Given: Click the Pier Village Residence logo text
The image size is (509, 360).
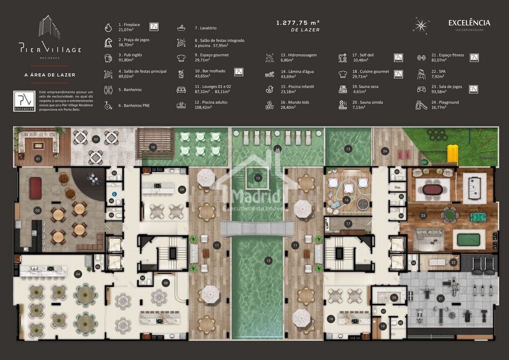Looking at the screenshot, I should pos(50,49).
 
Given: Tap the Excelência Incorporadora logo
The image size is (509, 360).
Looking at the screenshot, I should pos(469,23).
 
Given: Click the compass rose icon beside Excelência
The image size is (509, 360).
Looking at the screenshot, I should pos(421,25).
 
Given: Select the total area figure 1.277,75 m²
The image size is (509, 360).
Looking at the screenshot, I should pos(298,23).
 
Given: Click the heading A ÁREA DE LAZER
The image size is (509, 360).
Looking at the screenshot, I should pos(50,75).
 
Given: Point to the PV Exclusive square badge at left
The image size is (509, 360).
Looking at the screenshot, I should pos(24,101).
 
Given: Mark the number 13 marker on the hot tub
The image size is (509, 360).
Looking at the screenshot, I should pos(258,178).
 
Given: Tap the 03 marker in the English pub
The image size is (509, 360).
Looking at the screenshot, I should pos(37,210).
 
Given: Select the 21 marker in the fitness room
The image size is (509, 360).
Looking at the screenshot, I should pos(441,298).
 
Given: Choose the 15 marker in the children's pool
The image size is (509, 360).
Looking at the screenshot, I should pos(348,149).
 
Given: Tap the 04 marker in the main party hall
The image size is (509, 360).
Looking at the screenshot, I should pos(78,274).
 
